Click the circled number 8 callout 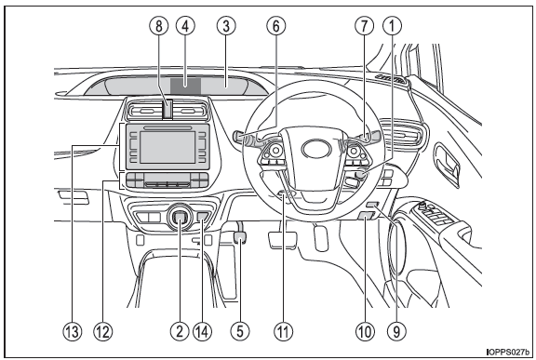click(x=159, y=26)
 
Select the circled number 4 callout click(x=185, y=26)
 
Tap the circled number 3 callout click(x=226, y=26)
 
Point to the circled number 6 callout click(x=276, y=26)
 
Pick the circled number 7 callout click(x=365, y=26)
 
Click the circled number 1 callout click(x=393, y=26)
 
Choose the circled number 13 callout click(x=73, y=331)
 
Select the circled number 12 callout click(x=103, y=331)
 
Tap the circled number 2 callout click(x=180, y=331)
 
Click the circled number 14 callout click(x=202, y=331)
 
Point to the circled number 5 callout click(x=240, y=331)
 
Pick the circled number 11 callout click(x=284, y=331)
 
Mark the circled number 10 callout click(x=365, y=331)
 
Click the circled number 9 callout click(x=396, y=331)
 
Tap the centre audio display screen click(x=167, y=147)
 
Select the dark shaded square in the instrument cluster click(x=185, y=86)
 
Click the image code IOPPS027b click(x=508, y=352)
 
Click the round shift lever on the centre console click(x=181, y=218)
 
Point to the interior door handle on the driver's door click(x=447, y=165)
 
